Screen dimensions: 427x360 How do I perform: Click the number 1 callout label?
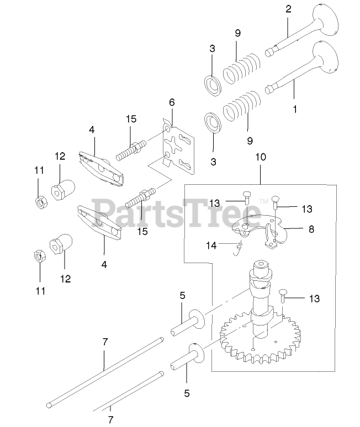pyautogui.click(x=294, y=109)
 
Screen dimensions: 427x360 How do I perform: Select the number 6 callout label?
pyautogui.click(x=172, y=102)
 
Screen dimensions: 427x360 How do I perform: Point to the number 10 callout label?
pyautogui.click(x=260, y=157)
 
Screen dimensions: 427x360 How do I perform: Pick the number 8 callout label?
pyautogui.click(x=312, y=228)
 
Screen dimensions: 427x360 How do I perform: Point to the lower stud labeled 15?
pyautogui.click(x=140, y=197)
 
